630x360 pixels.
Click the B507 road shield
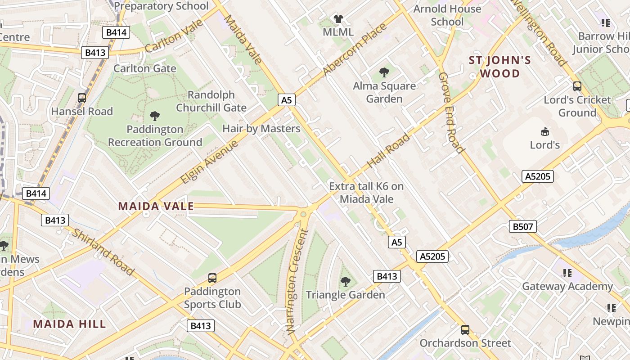click(x=523, y=226)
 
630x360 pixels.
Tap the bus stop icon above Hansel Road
click(x=82, y=98)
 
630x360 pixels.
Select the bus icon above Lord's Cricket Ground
click(x=577, y=86)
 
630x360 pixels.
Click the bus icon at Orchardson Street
click(x=465, y=329)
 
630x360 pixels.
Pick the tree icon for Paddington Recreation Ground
click(x=155, y=116)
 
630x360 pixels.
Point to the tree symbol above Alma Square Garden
click(x=384, y=72)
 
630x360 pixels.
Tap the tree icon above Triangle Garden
click(x=345, y=282)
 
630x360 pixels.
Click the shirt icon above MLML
click(x=338, y=19)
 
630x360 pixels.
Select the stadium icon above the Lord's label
click(x=544, y=131)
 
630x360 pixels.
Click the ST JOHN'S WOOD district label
click(x=500, y=67)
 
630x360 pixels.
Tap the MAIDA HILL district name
click(x=69, y=324)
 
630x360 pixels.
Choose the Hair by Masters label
click(x=261, y=129)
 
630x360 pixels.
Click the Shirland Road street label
click(x=103, y=252)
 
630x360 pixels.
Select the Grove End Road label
click(x=450, y=112)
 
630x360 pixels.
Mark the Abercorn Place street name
click(x=355, y=49)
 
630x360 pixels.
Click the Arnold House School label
click(x=447, y=15)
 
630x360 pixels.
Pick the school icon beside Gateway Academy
click(x=567, y=273)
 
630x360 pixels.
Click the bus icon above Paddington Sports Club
click(x=212, y=278)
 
